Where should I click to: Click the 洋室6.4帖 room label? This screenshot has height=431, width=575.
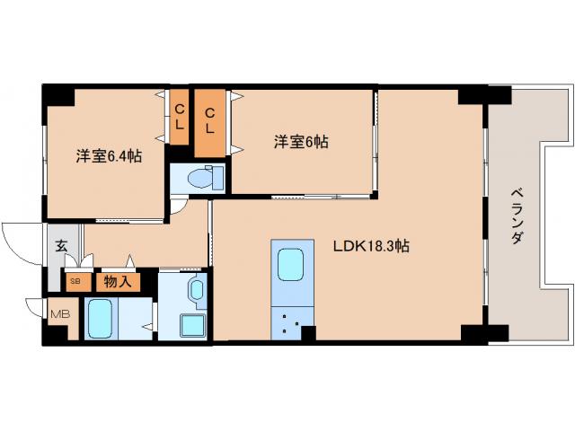[108, 154]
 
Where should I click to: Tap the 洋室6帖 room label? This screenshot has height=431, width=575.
[300, 142]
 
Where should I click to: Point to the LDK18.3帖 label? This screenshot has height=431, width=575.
[372, 245]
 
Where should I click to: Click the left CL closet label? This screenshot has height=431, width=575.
[180, 118]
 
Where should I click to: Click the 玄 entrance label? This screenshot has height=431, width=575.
[61, 245]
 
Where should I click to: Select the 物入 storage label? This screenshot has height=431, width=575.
[118, 281]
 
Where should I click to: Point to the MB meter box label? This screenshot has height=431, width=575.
[59, 313]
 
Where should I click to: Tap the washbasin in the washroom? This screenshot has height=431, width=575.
[197, 290]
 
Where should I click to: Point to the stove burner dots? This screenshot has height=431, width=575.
[290, 322]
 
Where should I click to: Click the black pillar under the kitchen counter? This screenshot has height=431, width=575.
[308, 334]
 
